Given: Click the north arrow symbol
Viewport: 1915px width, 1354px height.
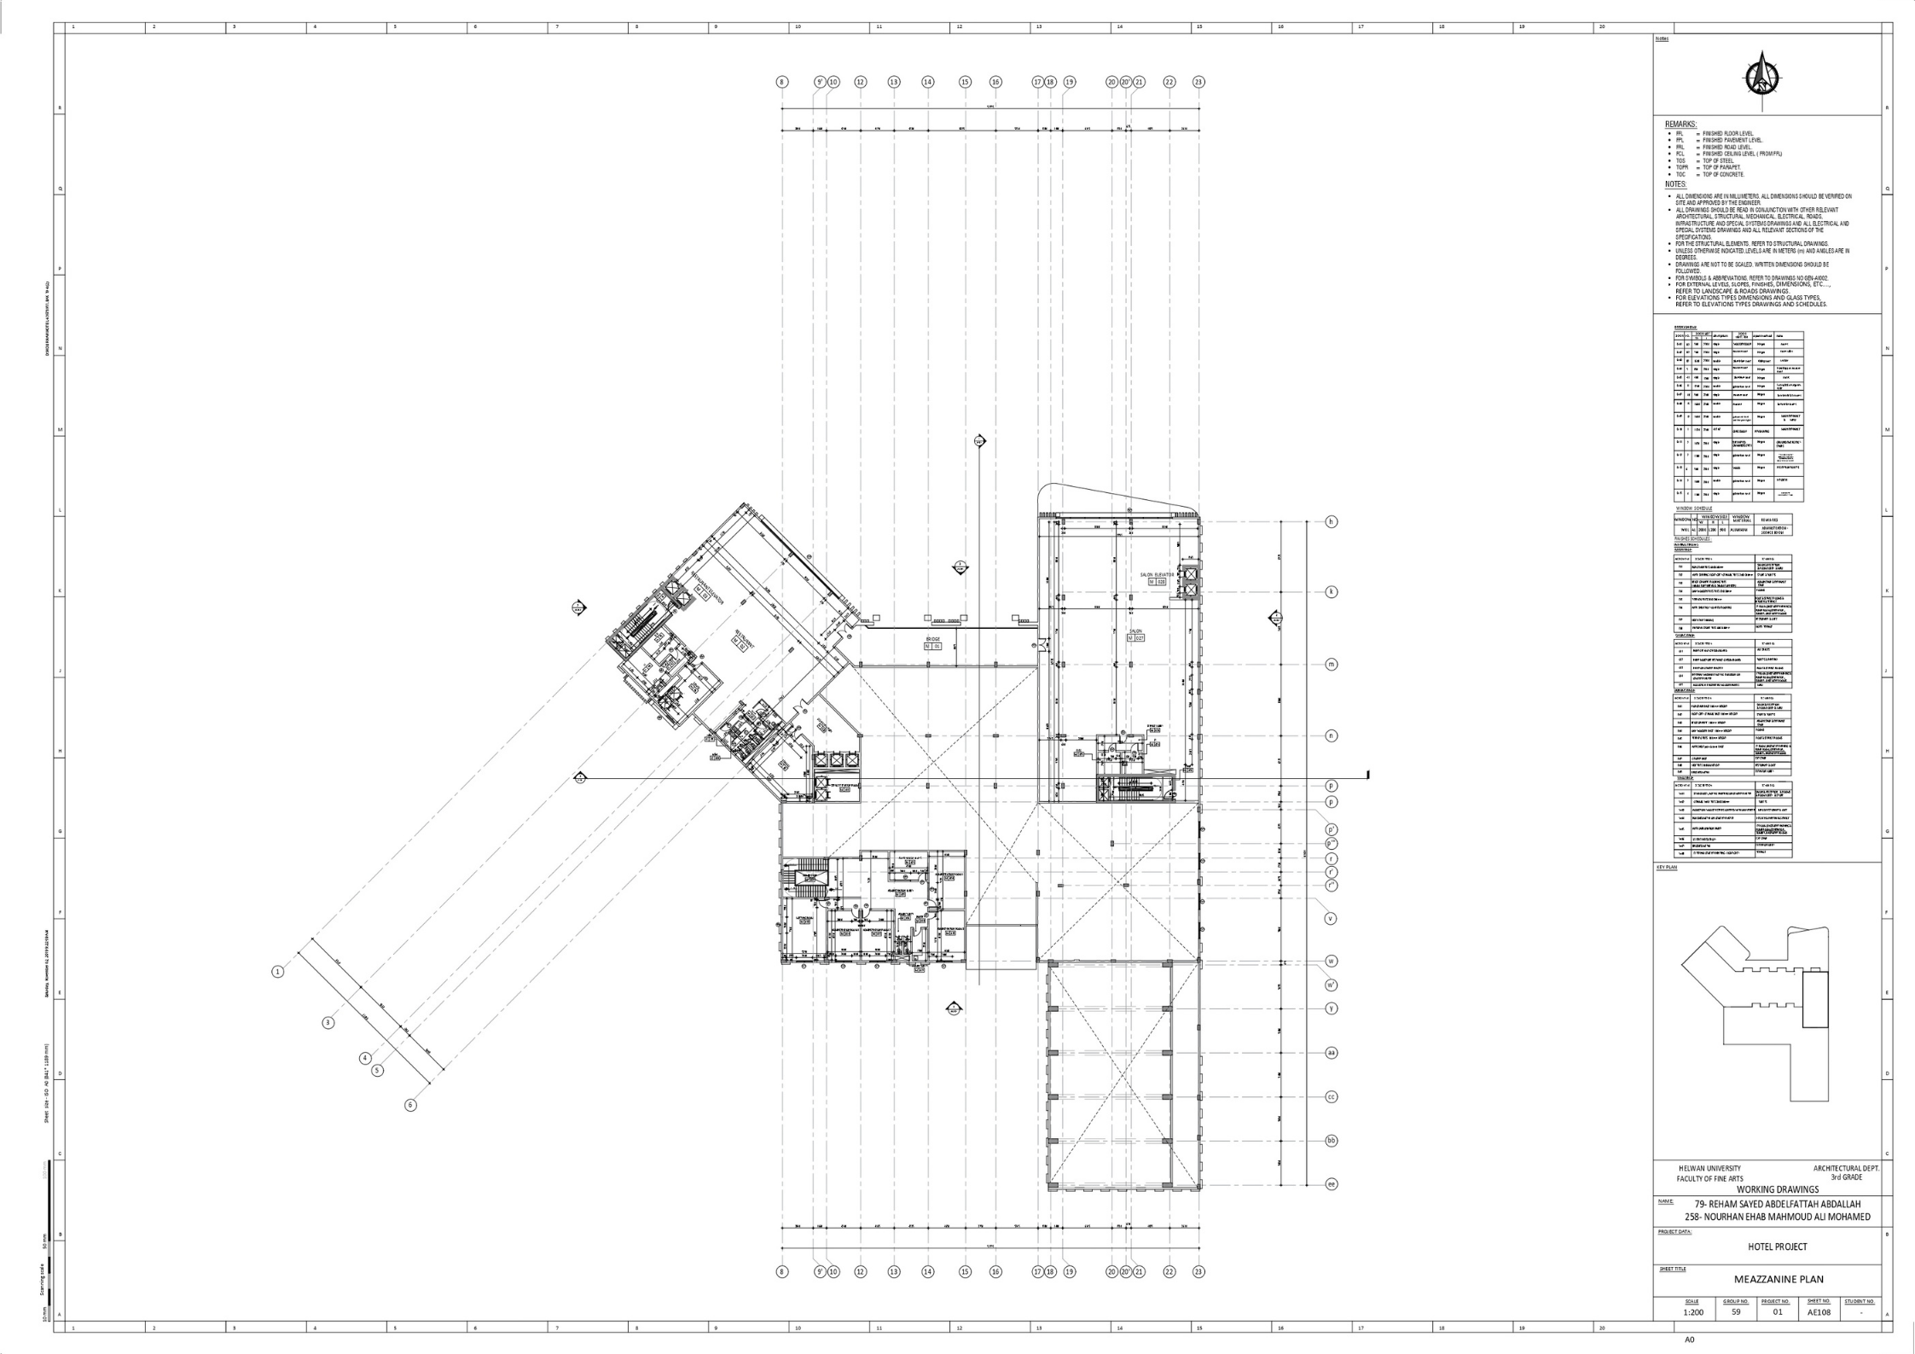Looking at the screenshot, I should pyautogui.click(x=1761, y=79).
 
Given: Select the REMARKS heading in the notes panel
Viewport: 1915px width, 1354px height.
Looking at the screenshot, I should pyautogui.click(x=1680, y=125).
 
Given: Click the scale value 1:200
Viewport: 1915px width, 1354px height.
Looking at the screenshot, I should pyautogui.click(x=1693, y=1312).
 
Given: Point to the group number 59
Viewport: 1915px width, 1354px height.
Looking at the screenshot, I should pyautogui.click(x=1736, y=1312).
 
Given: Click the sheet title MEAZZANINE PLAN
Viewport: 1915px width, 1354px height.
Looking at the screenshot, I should pyautogui.click(x=1779, y=1279).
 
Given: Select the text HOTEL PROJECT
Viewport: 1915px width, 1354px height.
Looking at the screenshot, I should pyautogui.click(x=1777, y=1246).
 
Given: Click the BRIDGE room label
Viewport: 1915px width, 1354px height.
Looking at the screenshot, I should pyautogui.click(x=932, y=639).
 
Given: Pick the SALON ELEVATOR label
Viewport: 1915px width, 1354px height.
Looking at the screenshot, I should pyautogui.click(x=1157, y=575).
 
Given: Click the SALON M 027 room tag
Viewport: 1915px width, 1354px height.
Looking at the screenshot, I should pyautogui.click(x=1135, y=636).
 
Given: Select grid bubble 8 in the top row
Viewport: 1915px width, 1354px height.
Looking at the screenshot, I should pyautogui.click(x=782, y=82).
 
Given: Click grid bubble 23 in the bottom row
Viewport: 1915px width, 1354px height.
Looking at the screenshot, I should pyautogui.click(x=1198, y=1271).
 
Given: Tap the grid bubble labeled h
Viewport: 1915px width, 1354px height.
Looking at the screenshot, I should pyautogui.click(x=1331, y=521).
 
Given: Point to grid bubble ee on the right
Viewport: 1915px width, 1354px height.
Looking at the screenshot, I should pyautogui.click(x=1331, y=1184).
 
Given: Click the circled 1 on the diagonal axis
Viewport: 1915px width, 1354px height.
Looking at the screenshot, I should pyautogui.click(x=277, y=971).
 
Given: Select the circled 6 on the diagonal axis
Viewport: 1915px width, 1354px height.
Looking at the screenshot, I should pyautogui.click(x=410, y=1105).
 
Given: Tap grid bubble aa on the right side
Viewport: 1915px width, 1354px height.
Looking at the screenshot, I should pyautogui.click(x=1331, y=1053).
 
